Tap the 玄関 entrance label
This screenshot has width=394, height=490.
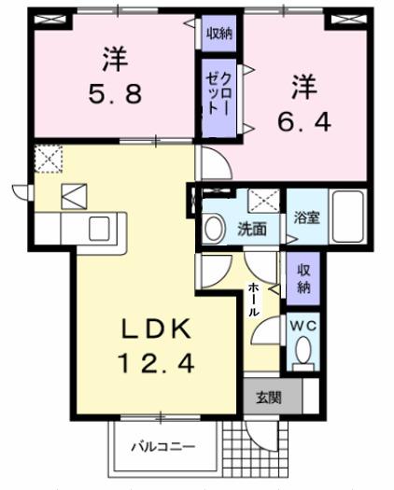(268, 397)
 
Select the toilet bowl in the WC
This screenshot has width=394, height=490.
(302, 350)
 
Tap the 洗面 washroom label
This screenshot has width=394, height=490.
(251, 227)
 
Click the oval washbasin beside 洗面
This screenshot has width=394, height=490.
(214, 227)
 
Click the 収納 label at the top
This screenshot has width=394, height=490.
(219, 34)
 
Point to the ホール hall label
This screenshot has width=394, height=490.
(254, 300)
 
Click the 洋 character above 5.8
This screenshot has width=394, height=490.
(114, 58)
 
